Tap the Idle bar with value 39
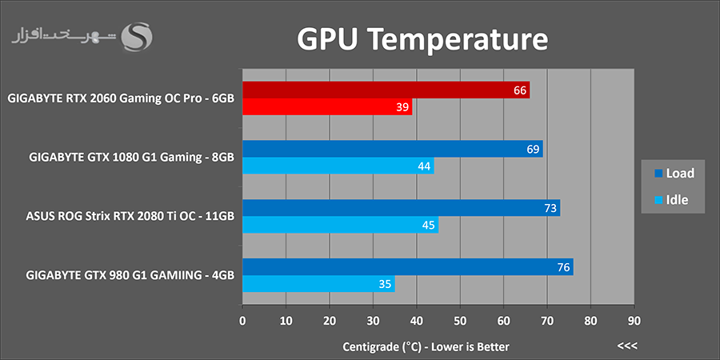(327, 107)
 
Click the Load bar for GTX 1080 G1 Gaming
(392, 149)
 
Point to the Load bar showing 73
(401, 208)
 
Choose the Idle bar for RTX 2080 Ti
(340, 225)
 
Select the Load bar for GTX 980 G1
(407, 266)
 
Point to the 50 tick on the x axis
(459, 321)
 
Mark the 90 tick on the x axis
(634, 321)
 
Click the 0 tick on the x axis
(242, 321)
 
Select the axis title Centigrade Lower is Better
(426, 346)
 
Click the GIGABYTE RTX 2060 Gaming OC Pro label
(120, 99)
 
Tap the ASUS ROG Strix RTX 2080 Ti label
(130, 217)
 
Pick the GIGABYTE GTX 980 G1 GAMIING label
(130, 275)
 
